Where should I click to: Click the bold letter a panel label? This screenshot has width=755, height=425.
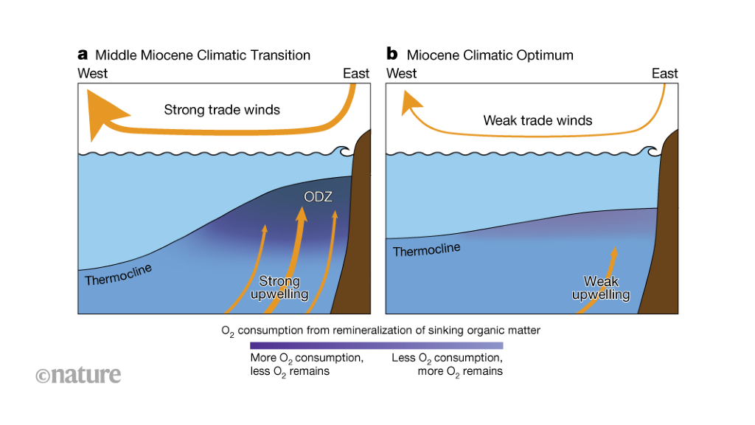click(83, 55)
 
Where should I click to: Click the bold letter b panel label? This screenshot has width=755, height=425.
click(392, 55)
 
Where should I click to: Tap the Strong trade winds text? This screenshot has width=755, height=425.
click(221, 111)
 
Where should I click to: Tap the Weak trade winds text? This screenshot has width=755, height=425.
click(537, 120)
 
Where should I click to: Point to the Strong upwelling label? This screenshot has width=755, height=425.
click(279, 288)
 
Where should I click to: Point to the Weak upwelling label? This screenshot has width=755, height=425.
click(601, 288)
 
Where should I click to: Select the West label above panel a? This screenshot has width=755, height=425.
click(93, 73)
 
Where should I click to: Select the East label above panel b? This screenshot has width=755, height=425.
click(664, 73)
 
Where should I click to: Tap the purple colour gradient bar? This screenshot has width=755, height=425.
click(376, 345)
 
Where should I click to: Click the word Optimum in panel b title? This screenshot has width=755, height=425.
click(544, 55)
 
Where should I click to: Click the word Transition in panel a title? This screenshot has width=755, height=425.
click(282, 55)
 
